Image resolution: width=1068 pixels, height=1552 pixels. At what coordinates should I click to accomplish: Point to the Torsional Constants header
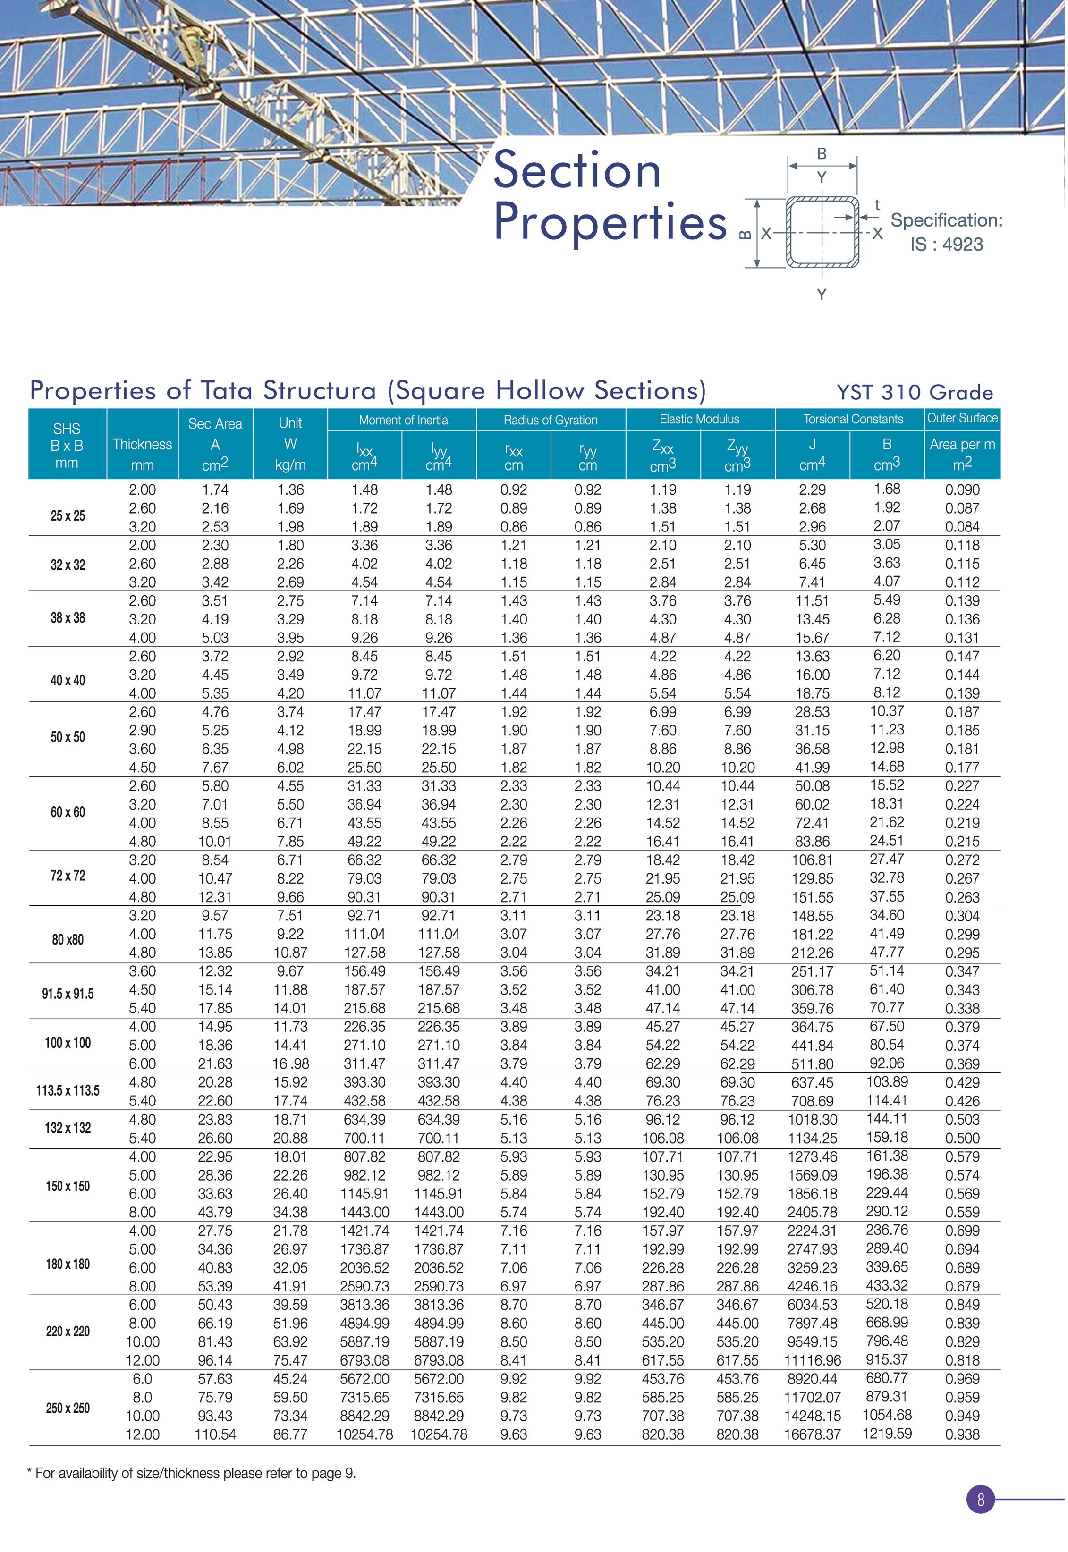click(853, 420)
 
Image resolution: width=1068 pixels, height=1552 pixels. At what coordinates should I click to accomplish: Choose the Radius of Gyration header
click(550, 420)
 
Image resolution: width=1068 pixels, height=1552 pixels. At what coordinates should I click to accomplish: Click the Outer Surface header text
click(962, 418)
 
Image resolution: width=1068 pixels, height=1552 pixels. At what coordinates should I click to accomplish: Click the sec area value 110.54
click(215, 1434)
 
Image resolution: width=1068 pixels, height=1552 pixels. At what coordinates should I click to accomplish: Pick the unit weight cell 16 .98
click(290, 1063)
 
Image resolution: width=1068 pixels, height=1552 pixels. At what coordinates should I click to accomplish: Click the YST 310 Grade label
click(914, 392)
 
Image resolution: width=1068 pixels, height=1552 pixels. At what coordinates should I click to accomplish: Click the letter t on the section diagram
click(877, 205)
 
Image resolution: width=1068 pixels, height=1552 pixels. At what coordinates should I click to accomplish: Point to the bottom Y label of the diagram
click(821, 295)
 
